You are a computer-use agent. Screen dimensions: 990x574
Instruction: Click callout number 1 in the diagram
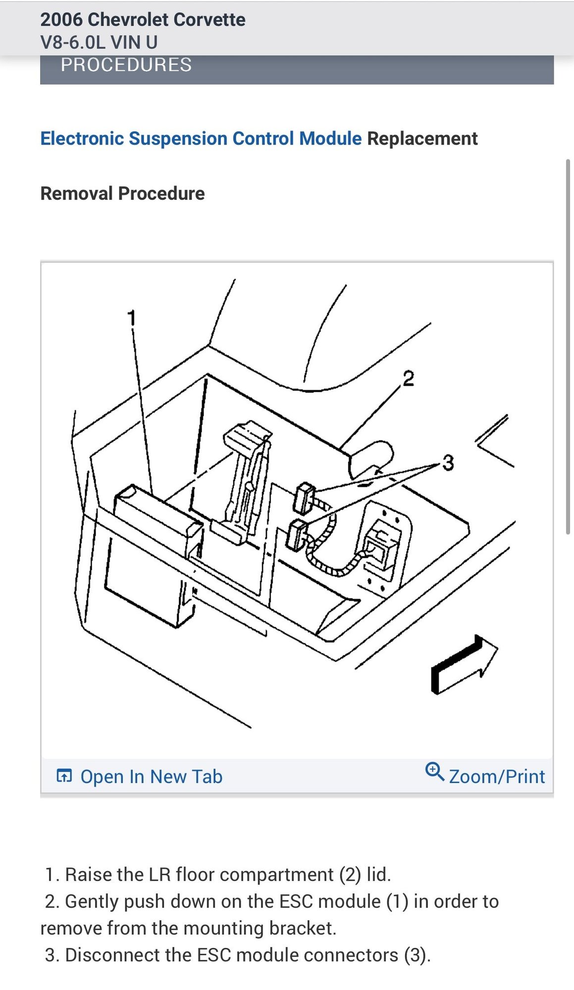131,317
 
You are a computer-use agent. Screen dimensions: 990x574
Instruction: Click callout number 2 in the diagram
408,379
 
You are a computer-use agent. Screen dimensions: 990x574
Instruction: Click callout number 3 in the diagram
448,463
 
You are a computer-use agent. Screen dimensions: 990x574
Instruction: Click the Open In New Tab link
151,776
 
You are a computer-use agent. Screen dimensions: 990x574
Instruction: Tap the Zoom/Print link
496,776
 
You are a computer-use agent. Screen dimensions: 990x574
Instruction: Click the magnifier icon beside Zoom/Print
434,772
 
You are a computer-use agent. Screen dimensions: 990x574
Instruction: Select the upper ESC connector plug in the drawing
304,498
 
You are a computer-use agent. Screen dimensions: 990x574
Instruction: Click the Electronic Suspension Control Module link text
201,139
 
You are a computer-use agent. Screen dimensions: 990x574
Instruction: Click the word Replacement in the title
422,139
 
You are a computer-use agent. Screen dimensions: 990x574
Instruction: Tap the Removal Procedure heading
122,194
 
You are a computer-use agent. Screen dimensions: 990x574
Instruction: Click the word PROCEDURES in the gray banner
126,65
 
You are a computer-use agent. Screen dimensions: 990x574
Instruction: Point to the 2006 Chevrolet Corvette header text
143,20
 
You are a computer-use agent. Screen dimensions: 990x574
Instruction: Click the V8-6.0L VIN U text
99,43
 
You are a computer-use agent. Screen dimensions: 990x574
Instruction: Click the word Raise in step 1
88,875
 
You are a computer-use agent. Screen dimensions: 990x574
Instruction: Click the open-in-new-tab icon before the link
64,776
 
